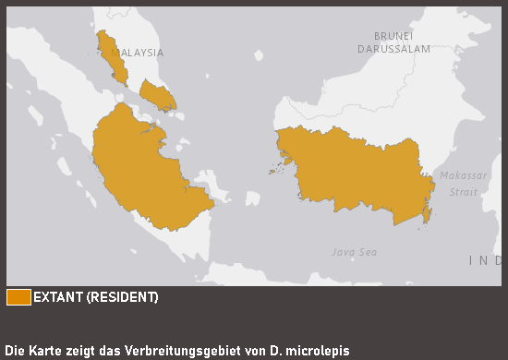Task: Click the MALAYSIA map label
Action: point(137,53)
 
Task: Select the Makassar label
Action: point(462,175)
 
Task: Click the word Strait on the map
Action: point(464,192)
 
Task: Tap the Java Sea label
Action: point(355,251)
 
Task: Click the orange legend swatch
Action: point(18,297)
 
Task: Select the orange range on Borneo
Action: point(356,171)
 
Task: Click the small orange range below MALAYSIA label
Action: point(157,93)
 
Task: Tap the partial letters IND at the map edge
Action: point(486,261)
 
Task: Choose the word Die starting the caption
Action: point(15,351)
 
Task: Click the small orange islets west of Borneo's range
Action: point(274,169)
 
